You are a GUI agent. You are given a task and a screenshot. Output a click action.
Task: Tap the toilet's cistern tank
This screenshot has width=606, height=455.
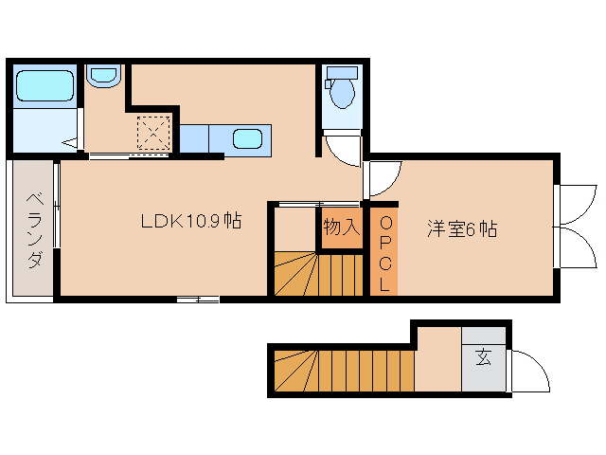point(341,73)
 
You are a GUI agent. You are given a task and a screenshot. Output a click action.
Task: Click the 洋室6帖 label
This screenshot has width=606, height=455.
point(461,228)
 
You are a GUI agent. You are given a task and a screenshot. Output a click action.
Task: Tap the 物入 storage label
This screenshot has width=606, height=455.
point(341,227)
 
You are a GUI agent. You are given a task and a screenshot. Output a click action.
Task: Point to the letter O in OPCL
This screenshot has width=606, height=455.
point(384,224)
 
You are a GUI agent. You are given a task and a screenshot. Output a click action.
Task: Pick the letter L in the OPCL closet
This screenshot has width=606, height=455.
point(384,283)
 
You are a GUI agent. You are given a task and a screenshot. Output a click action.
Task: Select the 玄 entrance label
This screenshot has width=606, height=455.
point(484,358)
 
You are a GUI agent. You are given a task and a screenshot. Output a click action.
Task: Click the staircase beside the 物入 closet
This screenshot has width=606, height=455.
point(318,275)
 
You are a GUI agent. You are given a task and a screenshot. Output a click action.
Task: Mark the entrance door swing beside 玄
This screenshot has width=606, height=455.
point(528,370)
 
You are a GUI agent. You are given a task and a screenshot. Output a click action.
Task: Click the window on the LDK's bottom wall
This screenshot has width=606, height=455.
point(198,300)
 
